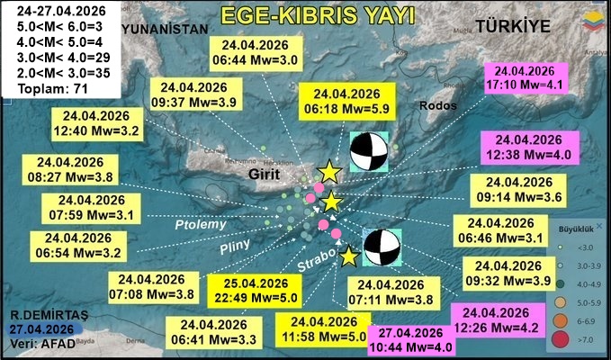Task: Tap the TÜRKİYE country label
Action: tap(514, 26)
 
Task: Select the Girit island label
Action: tap(267, 172)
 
